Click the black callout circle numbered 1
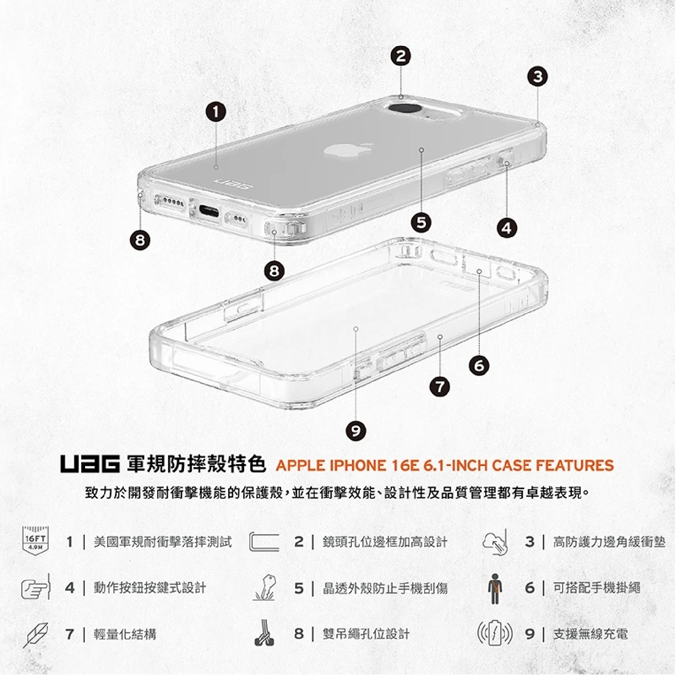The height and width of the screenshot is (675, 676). tap(216, 112)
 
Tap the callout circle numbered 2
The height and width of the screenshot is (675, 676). tap(401, 56)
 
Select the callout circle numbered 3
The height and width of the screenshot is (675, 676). tap(537, 77)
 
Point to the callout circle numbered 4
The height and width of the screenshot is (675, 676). tap(507, 227)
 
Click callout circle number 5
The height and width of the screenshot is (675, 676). tap(421, 222)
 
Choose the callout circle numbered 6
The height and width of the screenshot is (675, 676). tap(479, 366)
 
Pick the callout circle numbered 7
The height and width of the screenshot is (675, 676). tap(440, 386)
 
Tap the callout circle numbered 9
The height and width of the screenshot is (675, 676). tap(355, 430)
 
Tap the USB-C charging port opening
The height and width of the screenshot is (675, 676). tap(209, 211)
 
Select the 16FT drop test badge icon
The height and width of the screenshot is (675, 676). tap(35, 541)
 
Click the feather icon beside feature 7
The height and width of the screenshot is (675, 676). tap(35, 634)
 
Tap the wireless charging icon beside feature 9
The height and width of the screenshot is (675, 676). tap(495, 634)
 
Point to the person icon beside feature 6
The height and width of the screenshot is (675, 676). tap(495, 589)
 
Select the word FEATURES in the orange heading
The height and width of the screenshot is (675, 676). tap(574, 465)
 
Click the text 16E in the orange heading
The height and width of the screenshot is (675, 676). tap(406, 465)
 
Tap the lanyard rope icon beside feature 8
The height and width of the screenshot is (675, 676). tap(264, 634)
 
